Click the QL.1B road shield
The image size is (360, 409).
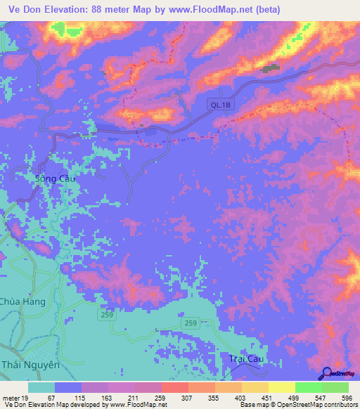point(219,105)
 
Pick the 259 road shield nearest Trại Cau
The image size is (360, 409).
point(191,323)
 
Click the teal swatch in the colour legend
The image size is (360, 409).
point(41,388)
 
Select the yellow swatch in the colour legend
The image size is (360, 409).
point(281,388)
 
